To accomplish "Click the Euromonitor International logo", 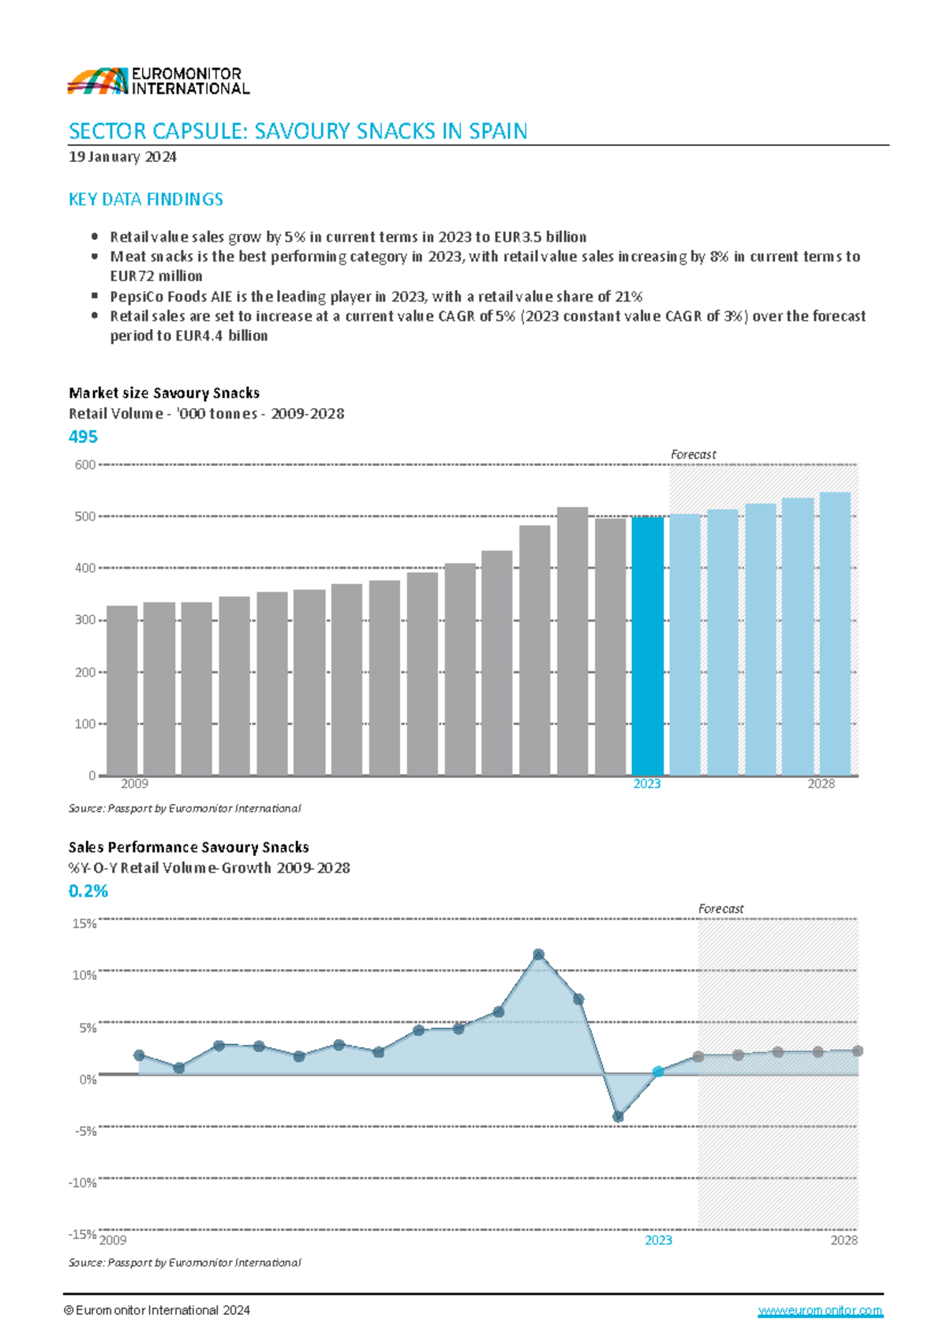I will point(158,81).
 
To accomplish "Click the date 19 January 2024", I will point(122,156).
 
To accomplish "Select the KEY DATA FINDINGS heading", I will point(146,199).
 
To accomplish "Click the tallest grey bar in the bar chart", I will point(572,640).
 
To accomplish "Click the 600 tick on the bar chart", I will point(85,464).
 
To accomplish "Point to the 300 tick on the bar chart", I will point(85,620).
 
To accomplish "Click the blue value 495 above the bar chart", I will point(84,437).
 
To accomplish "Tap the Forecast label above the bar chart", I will point(693,454).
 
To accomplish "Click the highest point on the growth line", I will point(539,955).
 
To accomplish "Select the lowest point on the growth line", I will point(618,1117).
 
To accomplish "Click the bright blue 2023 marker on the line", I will point(658,1072).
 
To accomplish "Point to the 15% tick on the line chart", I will point(84,923).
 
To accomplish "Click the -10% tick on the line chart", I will point(83,1182).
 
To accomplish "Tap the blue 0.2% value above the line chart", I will point(88,891).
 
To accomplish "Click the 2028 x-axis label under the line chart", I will point(844,1240).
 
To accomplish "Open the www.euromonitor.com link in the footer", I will point(820,1310).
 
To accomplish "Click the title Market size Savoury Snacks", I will point(164,393).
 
